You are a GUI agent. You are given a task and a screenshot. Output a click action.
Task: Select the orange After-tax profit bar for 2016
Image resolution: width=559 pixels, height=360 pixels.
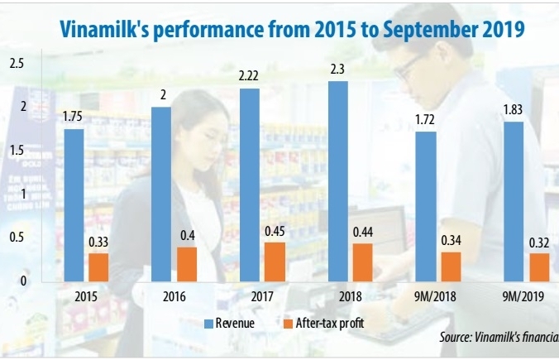click(187, 264)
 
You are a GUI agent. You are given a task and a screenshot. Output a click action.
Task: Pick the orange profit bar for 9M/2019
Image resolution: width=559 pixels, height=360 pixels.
click(539, 267)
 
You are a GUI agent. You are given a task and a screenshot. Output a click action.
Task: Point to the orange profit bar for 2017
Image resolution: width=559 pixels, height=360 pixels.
click(275, 262)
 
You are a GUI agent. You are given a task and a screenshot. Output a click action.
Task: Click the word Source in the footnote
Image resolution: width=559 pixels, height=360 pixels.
click(456, 338)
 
